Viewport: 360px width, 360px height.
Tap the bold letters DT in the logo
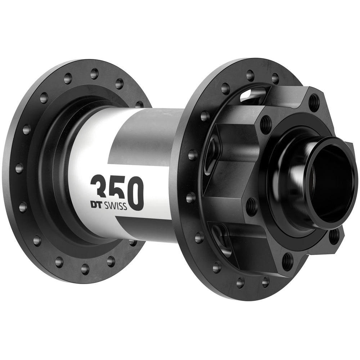[x=96, y=206]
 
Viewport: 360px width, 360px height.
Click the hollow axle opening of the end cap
[x=333, y=180]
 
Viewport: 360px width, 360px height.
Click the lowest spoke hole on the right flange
[x=240, y=283]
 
